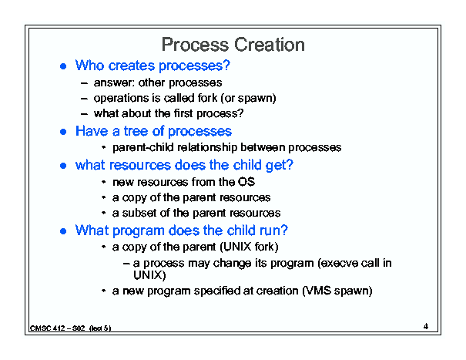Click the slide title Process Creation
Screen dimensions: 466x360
pos(233,45)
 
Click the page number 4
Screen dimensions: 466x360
pos(426,326)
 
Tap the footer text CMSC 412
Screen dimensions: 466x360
pos(47,328)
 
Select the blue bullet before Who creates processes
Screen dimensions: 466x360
pos(63,66)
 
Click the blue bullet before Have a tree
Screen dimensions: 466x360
pos(63,131)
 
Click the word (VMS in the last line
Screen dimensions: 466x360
pos(317,291)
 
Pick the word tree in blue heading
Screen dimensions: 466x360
pos(136,131)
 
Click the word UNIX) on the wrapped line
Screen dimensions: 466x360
pos(149,275)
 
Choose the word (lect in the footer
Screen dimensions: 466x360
pos(96,328)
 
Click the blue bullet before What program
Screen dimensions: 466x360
pos(63,230)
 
